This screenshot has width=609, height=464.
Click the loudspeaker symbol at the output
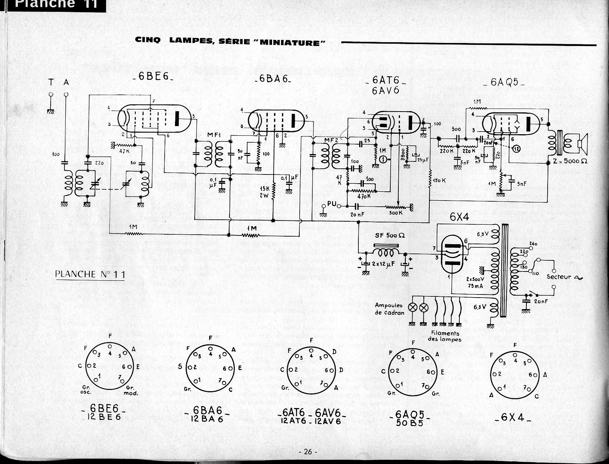[581, 143]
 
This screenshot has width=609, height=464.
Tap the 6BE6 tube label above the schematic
[152, 76]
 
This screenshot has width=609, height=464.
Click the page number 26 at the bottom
[308, 452]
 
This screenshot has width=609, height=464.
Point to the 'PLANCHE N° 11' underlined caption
[90, 274]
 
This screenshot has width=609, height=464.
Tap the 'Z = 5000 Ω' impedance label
[570, 161]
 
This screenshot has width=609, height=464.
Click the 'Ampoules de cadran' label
[389, 309]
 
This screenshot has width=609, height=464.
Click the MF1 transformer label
[213, 135]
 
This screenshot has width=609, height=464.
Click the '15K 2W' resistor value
[264, 191]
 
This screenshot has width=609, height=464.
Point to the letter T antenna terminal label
[51, 82]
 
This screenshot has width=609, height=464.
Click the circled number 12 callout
[517, 149]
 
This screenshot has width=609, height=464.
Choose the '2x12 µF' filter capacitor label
[384, 264]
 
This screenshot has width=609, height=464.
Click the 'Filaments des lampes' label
[445, 336]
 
